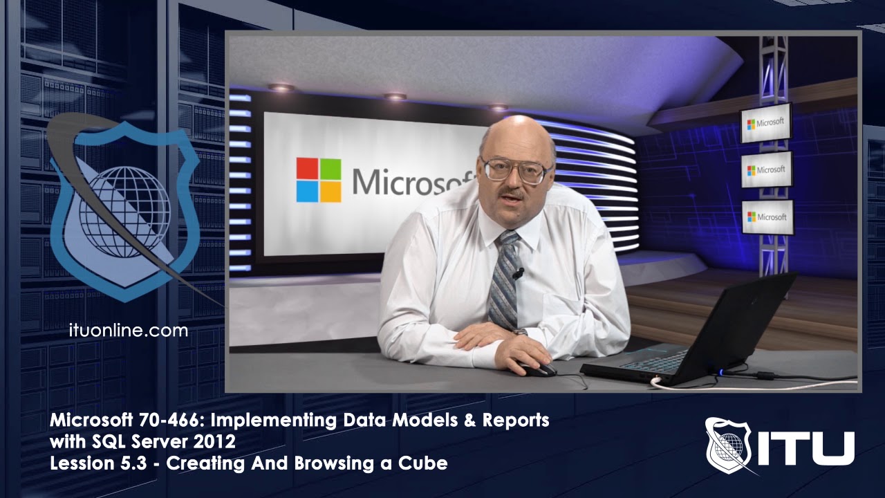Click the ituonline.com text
click(x=129, y=331)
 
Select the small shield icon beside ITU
click(x=727, y=444)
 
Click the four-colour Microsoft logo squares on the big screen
click(x=319, y=180)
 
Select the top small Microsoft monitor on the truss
click(x=766, y=123)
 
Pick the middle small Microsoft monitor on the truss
click(x=767, y=169)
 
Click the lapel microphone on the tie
click(x=517, y=273)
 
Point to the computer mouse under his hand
click(x=537, y=369)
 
